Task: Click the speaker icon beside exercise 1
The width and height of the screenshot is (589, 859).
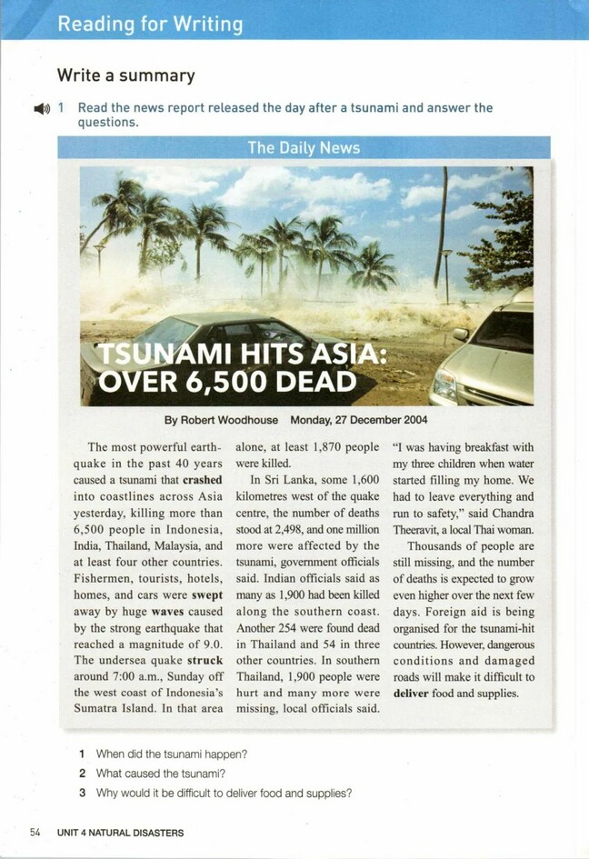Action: tap(41, 108)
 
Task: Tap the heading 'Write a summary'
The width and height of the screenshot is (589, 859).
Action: tap(125, 75)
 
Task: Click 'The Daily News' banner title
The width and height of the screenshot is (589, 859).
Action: tap(304, 147)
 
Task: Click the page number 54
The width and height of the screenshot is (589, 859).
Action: tap(35, 832)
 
